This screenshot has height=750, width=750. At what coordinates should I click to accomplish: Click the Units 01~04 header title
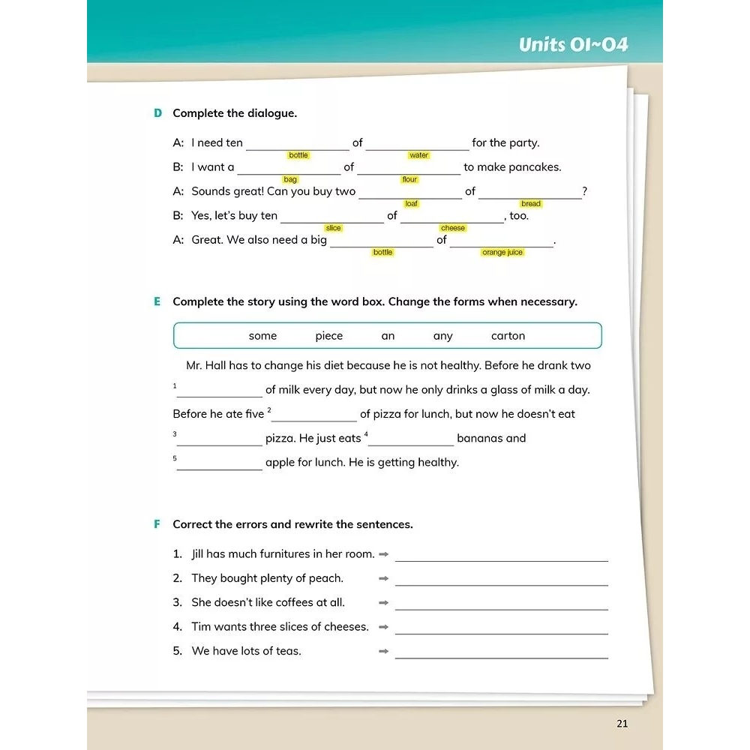click(573, 44)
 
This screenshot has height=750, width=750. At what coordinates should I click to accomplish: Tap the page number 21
click(621, 724)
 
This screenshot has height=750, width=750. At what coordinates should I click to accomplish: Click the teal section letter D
click(157, 113)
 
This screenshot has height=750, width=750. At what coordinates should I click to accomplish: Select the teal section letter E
click(157, 301)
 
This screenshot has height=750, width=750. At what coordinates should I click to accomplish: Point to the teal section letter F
click(157, 524)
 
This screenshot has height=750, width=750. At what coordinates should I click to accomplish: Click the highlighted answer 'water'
click(418, 155)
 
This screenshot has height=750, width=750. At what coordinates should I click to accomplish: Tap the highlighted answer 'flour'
click(409, 180)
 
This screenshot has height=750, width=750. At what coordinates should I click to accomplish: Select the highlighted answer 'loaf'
click(411, 204)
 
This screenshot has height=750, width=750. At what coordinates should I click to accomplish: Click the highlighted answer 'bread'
click(530, 204)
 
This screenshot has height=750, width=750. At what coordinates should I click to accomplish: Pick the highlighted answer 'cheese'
click(452, 228)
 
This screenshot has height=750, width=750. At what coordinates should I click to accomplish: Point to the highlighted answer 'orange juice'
click(502, 253)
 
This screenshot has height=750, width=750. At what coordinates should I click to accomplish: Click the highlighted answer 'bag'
click(290, 180)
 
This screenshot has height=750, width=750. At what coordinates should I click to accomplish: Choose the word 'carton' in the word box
click(508, 336)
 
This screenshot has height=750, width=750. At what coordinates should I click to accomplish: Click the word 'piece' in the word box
click(328, 336)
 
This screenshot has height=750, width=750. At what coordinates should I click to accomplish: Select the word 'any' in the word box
click(442, 336)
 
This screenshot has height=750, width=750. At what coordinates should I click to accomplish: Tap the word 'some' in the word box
click(262, 336)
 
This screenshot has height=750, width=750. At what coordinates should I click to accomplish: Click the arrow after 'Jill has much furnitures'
click(383, 554)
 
